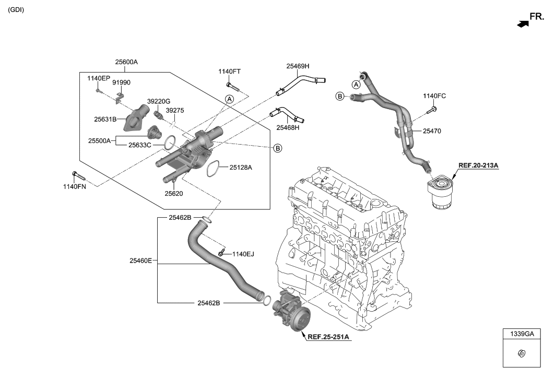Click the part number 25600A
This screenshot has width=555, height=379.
[126, 62]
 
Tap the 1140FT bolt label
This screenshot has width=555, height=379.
[230, 72]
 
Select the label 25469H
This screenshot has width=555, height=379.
[298, 66]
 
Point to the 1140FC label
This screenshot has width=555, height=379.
[434, 96]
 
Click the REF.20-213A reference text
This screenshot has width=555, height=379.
[478, 165]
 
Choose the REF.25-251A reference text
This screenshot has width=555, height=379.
[328, 337]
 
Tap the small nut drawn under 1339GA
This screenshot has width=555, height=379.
[522, 353]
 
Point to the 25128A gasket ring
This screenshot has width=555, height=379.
[212, 169]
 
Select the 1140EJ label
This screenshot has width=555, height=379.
[243, 254]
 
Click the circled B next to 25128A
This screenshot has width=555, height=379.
[278, 149]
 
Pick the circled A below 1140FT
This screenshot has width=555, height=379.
[229, 99]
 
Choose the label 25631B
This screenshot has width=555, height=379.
[105, 119]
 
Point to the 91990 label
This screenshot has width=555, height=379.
[122, 82]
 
